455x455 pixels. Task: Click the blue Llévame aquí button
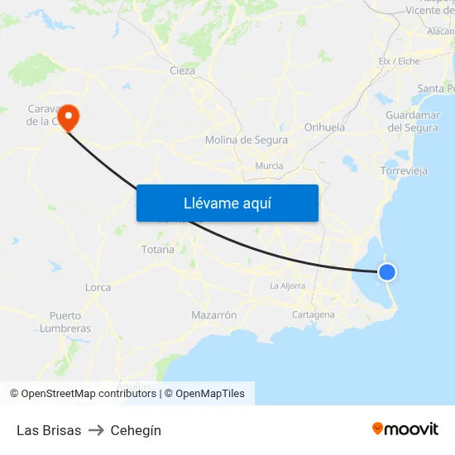[227, 203]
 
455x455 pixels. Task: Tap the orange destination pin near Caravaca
[68, 117]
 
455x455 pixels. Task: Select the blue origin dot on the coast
[386, 271]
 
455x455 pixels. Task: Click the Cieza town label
[182, 70]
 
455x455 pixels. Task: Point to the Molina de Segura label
[247, 140]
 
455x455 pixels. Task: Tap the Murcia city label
[270, 165]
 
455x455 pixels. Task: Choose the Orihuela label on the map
[324, 127]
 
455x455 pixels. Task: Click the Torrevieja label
[404, 171]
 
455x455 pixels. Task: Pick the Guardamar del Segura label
[413, 122]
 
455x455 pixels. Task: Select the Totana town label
[158, 249]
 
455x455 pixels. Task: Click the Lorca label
[98, 287]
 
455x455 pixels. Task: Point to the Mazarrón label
[214, 315]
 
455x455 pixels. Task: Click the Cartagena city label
[314, 314]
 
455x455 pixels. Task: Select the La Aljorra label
[287, 285]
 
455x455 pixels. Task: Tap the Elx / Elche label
[399, 61]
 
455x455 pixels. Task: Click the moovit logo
[405, 429]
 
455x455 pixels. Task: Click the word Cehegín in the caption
[136, 430]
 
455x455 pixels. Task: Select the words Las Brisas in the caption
[49, 430]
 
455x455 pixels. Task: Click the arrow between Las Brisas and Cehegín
[96, 430]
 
